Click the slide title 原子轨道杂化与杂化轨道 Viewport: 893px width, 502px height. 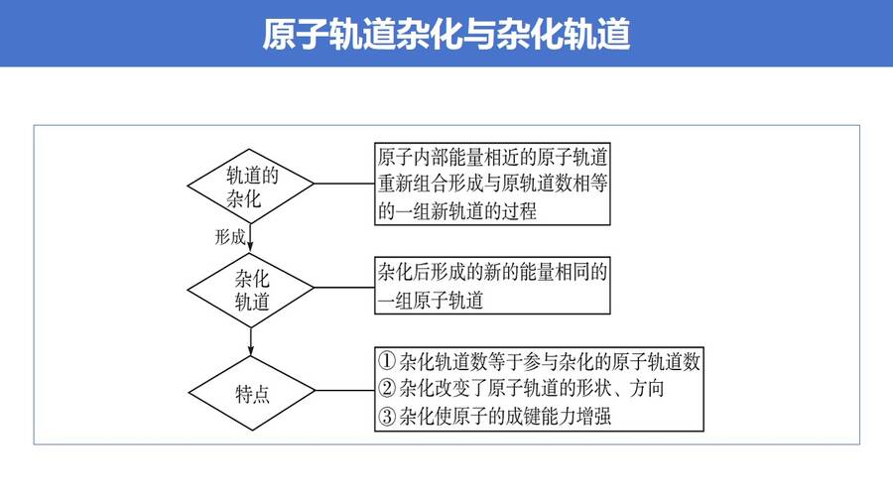tap(446, 34)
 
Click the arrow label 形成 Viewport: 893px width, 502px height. tap(229, 237)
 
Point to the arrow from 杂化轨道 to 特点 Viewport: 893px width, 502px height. tap(251, 341)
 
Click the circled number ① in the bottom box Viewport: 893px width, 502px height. tap(387, 361)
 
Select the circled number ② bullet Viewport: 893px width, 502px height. tap(387, 388)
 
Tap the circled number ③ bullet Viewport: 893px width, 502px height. tap(387, 416)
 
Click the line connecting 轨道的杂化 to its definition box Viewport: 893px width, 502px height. tap(344, 184)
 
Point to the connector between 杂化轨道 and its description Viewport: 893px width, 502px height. tap(344, 288)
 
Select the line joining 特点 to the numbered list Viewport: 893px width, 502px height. tap(344, 391)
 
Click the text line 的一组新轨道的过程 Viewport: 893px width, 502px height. tap(456, 211)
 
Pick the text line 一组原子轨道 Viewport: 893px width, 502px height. tap(431, 300)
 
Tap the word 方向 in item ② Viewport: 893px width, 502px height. tap(647, 388)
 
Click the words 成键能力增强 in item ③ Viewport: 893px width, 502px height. tap(559, 416)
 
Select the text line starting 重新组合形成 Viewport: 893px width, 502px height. tap(492, 184)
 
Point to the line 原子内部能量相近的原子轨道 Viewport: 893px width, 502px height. tap(492, 157)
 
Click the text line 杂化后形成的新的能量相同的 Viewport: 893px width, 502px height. tap(492, 272)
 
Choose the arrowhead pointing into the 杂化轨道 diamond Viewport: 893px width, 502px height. tap(251, 247)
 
